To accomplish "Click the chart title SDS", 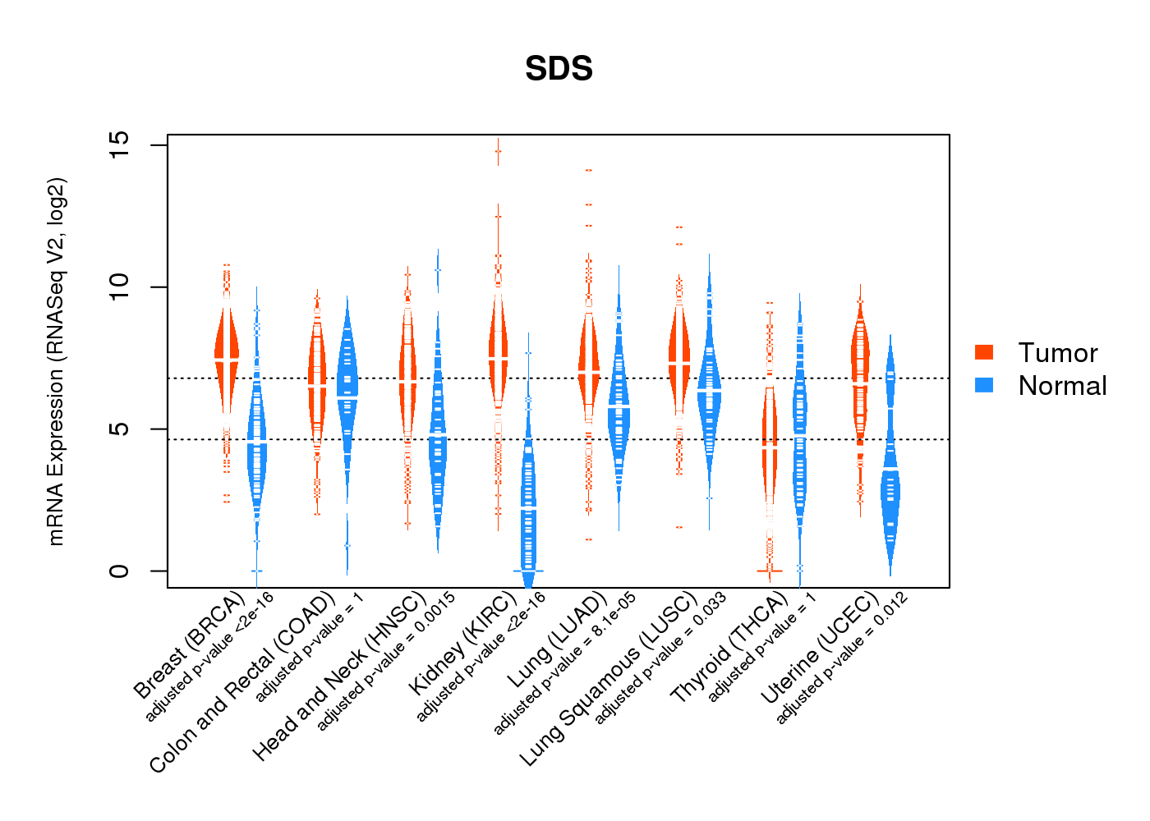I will (559, 69).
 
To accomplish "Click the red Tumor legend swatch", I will (984, 352).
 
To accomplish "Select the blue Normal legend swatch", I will (984, 385).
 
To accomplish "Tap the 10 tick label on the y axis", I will (120, 287).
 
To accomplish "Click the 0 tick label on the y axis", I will (120, 571).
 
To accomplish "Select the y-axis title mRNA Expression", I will (56, 361).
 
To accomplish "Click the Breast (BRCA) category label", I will (188, 645).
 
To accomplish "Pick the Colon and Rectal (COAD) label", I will (242, 682).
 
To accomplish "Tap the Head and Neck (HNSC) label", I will (338, 676).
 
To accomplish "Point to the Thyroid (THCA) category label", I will (729, 649).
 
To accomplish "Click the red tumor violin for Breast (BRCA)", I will (226, 353).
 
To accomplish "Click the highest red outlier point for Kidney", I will (497, 151).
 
